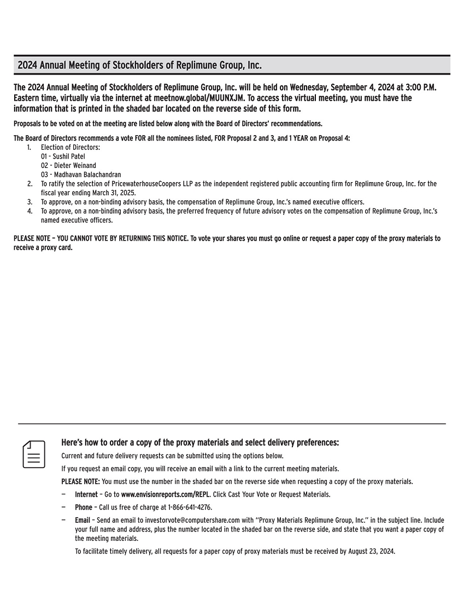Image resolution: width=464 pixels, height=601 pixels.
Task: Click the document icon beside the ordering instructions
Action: coord(34,454)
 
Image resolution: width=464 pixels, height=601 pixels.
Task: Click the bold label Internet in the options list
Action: coord(86,494)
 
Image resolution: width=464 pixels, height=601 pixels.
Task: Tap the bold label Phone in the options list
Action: coord(84,507)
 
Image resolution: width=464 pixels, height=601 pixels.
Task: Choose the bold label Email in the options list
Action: coord(83,521)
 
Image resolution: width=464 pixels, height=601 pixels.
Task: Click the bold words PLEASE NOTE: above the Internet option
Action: coord(80,482)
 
